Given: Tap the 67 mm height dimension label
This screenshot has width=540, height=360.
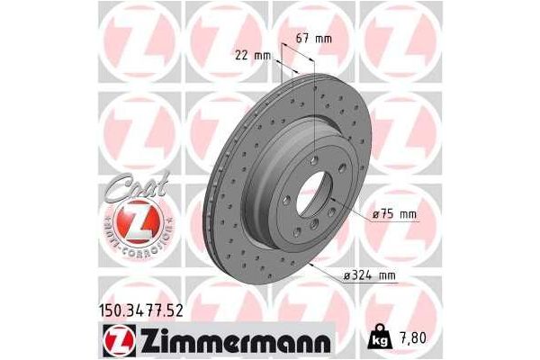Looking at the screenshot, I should coord(314,39).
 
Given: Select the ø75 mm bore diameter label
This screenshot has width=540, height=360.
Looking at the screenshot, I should coord(396,215).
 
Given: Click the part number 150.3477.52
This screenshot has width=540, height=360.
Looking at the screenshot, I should coord(136,311).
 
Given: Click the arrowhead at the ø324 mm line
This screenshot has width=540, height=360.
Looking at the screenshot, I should coord(310,267).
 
